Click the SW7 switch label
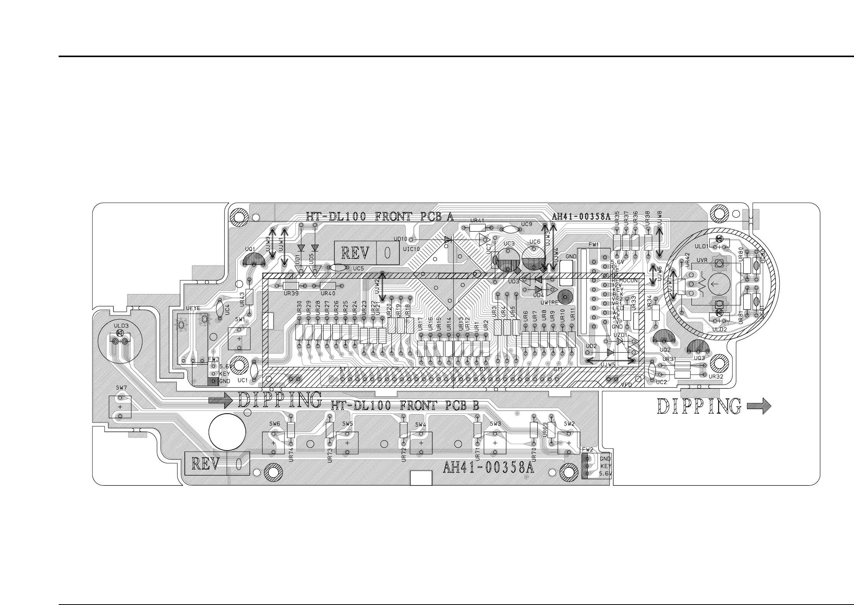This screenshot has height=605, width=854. click(121, 388)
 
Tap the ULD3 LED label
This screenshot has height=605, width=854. click(122, 326)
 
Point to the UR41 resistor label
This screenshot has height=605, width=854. click(477, 220)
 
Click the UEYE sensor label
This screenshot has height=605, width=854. click(193, 308)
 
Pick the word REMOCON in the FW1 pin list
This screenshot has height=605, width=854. click(625, 281)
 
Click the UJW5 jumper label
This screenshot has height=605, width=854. click(608, 365)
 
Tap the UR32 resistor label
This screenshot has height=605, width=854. click(716, 376)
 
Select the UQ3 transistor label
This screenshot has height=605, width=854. click(700, 358)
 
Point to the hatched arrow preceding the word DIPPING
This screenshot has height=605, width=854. click(220, 400)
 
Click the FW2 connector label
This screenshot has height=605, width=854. click(587, 449)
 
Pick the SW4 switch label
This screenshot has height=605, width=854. click(420, 424)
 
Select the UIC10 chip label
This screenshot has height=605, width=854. click(412, 249)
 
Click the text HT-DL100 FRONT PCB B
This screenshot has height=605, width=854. click(405, 406)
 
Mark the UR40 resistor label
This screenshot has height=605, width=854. click(328, 293)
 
